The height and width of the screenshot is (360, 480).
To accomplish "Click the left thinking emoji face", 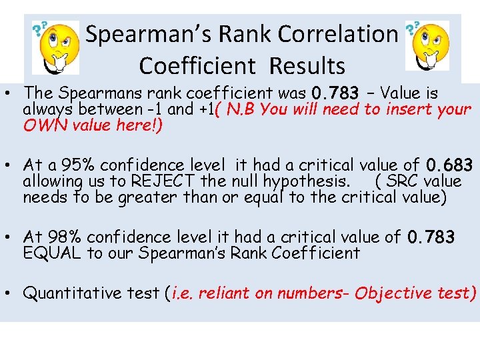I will [x=58, y=46].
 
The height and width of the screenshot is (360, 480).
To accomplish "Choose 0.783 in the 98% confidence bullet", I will [x=431, y=237].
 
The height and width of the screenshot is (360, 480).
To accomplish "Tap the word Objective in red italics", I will [x=395, y=293].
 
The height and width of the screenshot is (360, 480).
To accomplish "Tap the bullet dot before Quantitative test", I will [x=11, y=293].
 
